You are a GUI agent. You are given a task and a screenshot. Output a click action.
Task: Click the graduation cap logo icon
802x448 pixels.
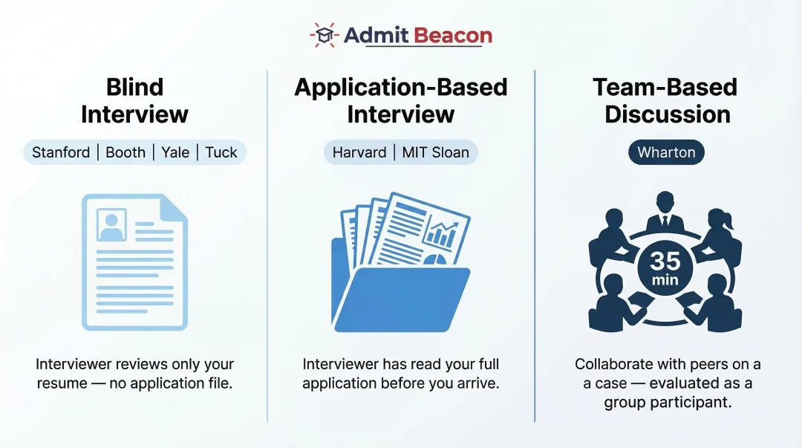pyautogui.click(x=324, y=35)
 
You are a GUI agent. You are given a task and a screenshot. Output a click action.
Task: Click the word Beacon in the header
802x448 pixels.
pyautogui.click(x=453, y=35)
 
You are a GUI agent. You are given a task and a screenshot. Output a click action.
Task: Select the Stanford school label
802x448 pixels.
pyautogui.click(x=61, y=152)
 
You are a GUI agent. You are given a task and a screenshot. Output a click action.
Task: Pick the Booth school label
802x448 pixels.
pyautogui.click(x=125, y=152)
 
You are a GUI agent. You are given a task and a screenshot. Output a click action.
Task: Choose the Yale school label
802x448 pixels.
pyautogui.click(x=175, y=152)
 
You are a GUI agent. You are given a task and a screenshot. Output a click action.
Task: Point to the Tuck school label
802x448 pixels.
pyautogui.click(x=221, y=152)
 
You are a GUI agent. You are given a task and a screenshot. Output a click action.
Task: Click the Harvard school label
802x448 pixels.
pyautogui.click(x=359, y=152)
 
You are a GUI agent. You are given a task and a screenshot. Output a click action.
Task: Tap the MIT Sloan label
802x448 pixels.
pyautogui.click(x=436, y=152)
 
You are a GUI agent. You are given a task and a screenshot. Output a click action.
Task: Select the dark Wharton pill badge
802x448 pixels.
pyautogui.click(x=666, y=152)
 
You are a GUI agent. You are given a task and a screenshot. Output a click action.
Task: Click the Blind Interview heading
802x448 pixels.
pyautogui.click(x=134, y=100)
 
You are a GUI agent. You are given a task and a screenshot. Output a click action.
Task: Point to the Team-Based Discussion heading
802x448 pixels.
pyautogui.click(x=665, y=100)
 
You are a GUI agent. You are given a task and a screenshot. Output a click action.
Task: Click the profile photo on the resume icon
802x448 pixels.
pyautogui.click(x=111, y=224)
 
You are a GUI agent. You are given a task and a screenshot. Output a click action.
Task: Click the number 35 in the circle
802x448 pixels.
pyautogui.click(x=665, y=260)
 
